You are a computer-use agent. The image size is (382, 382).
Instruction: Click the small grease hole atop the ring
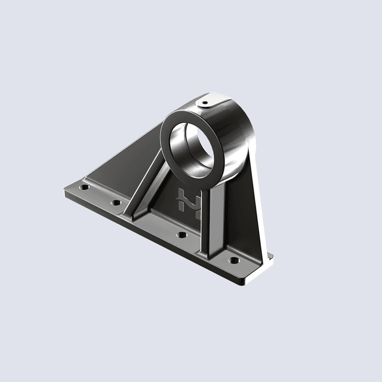[x=205, y=103]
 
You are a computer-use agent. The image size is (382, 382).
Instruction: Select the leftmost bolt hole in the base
[x=85, y=187]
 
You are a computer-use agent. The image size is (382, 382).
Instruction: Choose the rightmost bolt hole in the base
[x=233, y=261]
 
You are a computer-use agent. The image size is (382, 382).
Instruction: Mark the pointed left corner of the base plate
[x=63, y=193]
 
